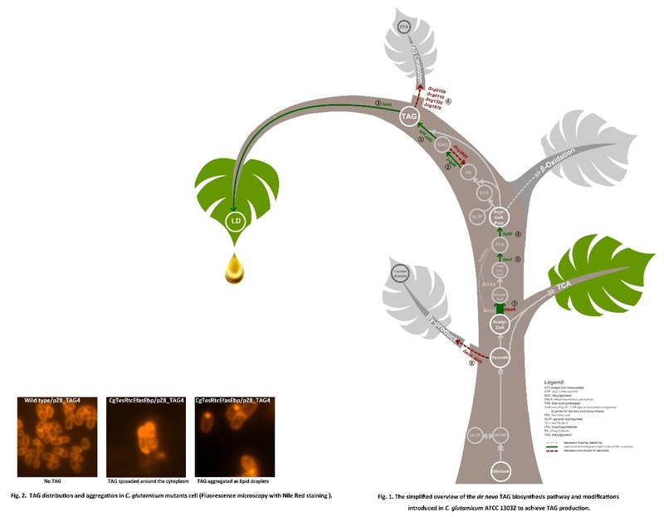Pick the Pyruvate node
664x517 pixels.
pos(499,358)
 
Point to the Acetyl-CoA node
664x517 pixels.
pos(498,326)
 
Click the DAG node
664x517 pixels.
pos(442,144)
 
